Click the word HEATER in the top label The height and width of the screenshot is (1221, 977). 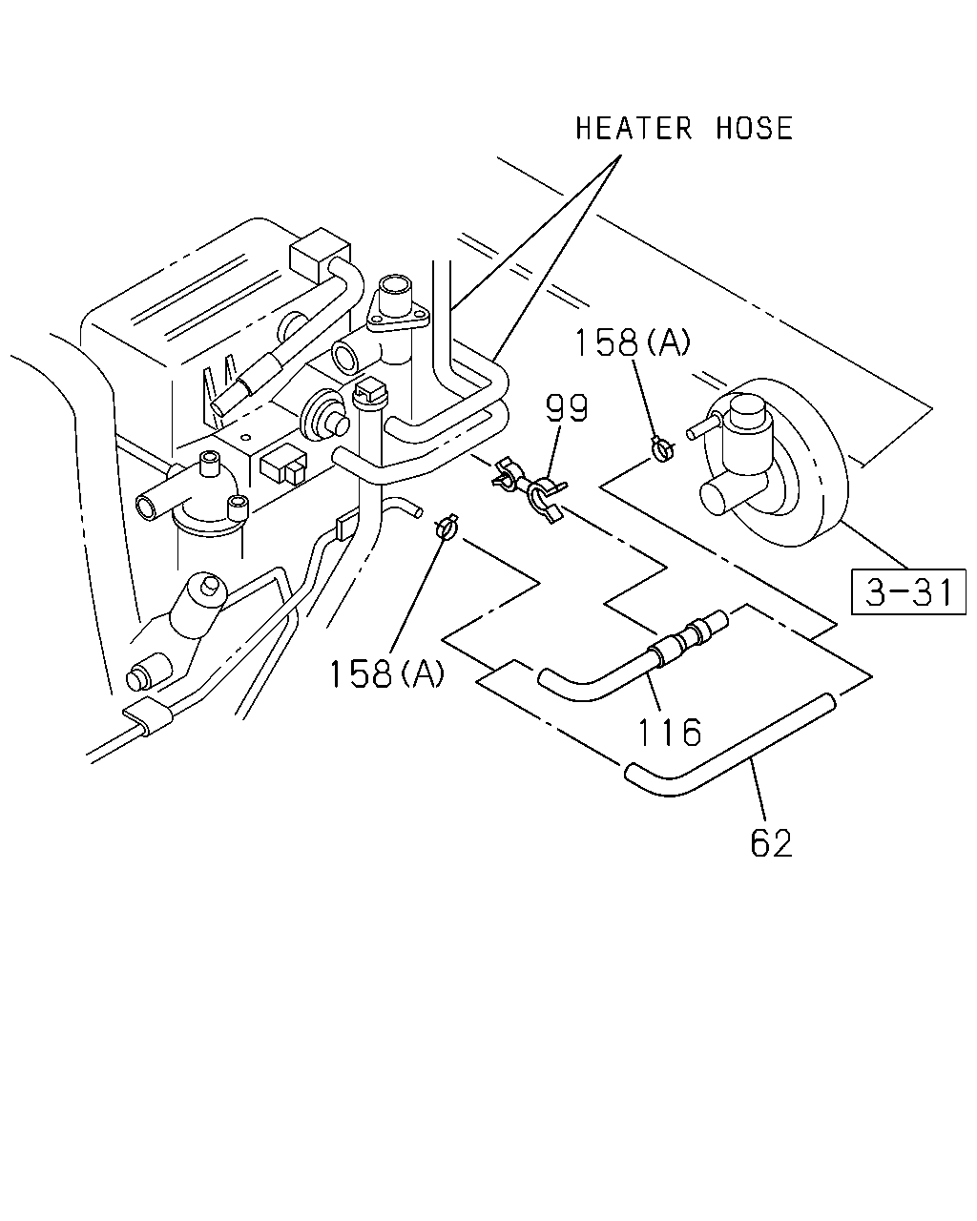tap(634, 128)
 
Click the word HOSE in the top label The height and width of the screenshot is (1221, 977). tap(754, 128)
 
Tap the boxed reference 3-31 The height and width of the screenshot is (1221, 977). tap(907, 591)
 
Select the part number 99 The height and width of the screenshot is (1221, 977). tap(567, 408)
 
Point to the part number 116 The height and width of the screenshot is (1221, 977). tap(670, 732)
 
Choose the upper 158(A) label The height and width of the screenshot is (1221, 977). tap(632, 342)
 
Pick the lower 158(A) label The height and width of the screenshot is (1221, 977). tap(386, 674)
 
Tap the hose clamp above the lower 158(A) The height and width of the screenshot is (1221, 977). tap(447, 528)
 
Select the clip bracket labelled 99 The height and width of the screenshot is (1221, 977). tap(530, 489)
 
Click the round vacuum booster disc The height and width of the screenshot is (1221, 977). tap(775, 463)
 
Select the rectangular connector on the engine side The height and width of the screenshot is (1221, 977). tap(282, 467)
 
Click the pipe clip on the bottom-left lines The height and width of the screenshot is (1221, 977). tap(148, 716)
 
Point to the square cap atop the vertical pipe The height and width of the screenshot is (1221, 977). tap(369, 390)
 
